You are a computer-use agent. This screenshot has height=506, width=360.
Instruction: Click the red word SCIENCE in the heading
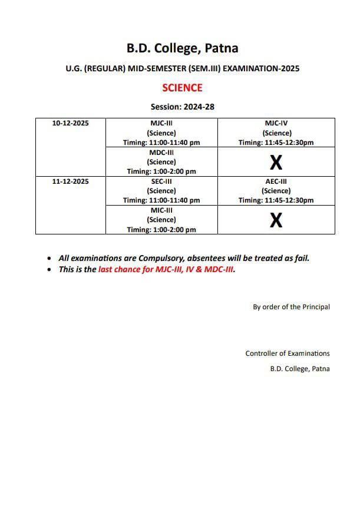pyautogui.click(x=182, y=88)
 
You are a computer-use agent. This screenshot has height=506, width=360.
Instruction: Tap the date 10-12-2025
pyautogui.click(x=71, y=123)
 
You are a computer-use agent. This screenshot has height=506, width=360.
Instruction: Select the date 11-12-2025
pyautogui.click(x=71, y=181)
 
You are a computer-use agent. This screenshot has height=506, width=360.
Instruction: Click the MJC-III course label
pyautogui.click(x=161, y=123)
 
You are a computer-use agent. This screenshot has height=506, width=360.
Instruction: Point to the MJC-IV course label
pyautogui.click(x=276, y=123)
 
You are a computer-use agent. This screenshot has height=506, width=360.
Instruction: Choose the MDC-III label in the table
pyautogui.click(x=161, y=152)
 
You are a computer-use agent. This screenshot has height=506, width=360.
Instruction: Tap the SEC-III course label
pyautogui.click(x=161, y=181)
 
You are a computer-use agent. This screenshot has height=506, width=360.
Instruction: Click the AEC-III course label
pyautogui.click(x=276, y=181)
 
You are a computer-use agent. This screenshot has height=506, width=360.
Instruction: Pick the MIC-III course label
pyautogui.click(x=161, y=210)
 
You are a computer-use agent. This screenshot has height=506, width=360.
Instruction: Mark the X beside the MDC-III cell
pyautogui.click(x=276, y=162)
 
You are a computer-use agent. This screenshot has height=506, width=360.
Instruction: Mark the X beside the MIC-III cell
pyautogui.click(x=276, y=220)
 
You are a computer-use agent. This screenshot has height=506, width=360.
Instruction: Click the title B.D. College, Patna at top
pyautogui.click(x=182, y=48)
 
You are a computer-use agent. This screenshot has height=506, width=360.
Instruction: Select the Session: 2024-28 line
pyautogui.click(x=182, y=107)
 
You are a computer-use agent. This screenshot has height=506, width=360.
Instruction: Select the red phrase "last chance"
pyautogui.click(x=120, y=270)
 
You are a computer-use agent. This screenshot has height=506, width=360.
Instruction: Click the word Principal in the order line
pyautogui.click(x=316, y=307)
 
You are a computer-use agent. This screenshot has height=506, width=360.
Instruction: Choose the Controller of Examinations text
pyautogui.click(x=288, y=353)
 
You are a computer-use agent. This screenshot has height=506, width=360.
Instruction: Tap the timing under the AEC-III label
pyautogui.click(x=276, y=200)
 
